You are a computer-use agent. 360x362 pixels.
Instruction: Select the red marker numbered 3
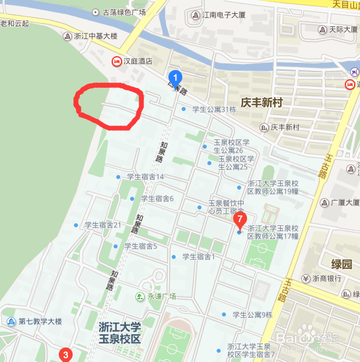pos(65,354)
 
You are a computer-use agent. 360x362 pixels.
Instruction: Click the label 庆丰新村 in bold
pos(262,102)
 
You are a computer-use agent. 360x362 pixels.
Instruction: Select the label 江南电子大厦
pos(225,15)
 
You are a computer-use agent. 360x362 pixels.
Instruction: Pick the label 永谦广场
pos(161,296)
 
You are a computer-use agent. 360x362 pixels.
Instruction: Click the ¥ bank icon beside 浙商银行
pos(306,278)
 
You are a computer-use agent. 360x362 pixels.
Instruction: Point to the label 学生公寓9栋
pos(252,314)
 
